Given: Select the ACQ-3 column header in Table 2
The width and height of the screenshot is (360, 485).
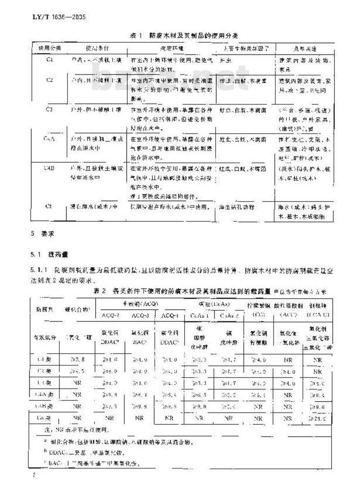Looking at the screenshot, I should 140,314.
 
